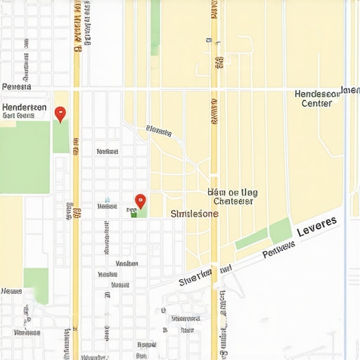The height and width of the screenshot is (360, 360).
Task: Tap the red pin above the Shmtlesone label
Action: click(x=140, y=201)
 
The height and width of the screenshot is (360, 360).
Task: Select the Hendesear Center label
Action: click(x=316, y=98)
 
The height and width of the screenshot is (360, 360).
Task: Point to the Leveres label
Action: click(x=316, y=227)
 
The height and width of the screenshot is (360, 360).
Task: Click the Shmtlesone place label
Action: click(x=195, y=214)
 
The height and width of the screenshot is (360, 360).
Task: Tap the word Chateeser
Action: click(x=233, y=200)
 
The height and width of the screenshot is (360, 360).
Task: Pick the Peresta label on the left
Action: click(x=17, y=87)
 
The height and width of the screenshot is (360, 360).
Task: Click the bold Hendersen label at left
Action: click(x=25, y=107)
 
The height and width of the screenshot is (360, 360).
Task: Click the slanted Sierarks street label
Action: click(x=159, y=130)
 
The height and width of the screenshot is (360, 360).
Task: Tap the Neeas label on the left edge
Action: click(x=12, y=290)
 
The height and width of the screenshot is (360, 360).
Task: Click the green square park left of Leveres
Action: click(x=280, y=231)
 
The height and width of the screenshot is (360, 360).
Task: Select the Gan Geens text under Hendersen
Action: click(x=18, y=116)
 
